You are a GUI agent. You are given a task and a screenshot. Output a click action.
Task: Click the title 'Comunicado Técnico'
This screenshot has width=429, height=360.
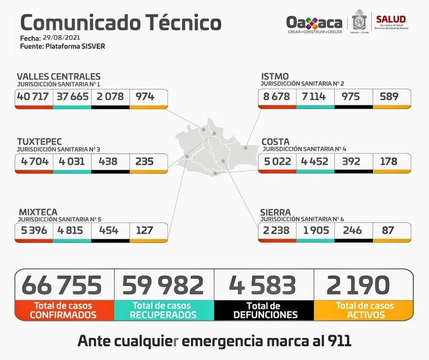pos(121,22)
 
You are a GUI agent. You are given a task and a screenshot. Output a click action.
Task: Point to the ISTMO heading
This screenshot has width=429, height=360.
pos(275,76)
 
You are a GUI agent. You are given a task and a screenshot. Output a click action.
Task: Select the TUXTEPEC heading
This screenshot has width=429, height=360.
pos(42,141)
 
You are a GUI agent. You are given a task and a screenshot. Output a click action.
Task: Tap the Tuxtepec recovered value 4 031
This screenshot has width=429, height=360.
pos(72,161)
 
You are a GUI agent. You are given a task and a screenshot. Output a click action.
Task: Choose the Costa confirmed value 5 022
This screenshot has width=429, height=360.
pos(277,161)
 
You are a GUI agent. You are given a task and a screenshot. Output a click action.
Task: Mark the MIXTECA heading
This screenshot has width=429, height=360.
pos(40,212)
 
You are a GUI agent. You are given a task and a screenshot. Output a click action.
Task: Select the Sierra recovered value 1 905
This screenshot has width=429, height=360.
pos(315,231)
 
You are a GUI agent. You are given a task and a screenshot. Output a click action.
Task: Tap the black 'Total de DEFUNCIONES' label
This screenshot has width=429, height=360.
pos(263,309)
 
